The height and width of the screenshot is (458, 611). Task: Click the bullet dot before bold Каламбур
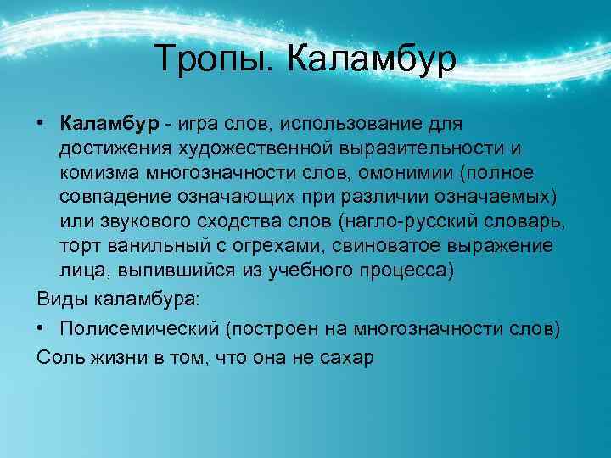tap(41, 124)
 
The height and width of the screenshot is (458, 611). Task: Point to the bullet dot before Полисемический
tap(41, 329)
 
